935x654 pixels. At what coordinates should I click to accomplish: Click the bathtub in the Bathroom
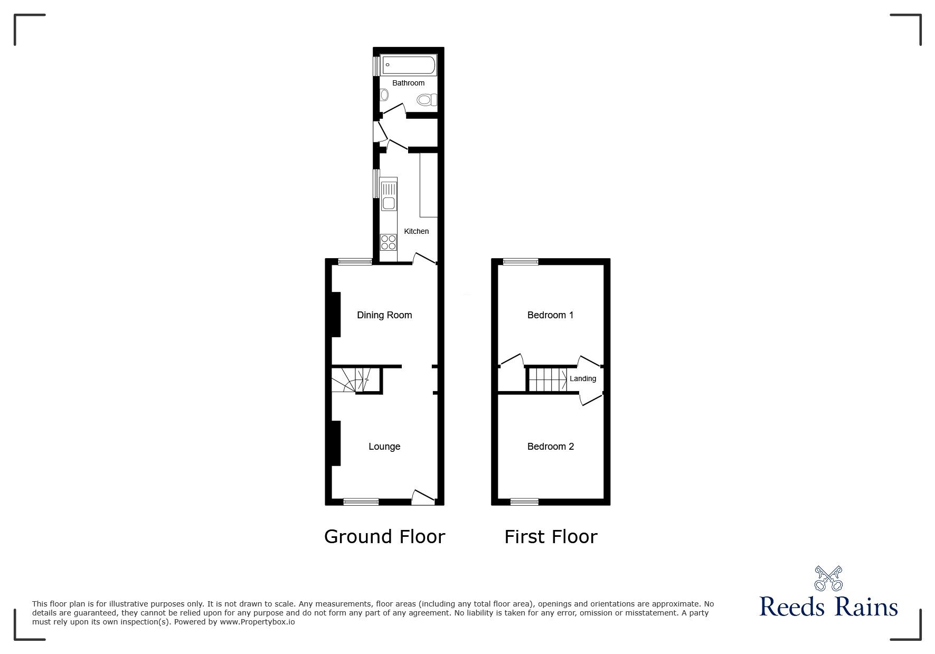point(408,65)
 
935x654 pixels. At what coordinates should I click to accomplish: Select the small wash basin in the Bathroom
point(384,95)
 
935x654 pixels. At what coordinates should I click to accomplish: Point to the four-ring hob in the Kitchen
point(389,242)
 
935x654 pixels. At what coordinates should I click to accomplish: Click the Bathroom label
point(408,83)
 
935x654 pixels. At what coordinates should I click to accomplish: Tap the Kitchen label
point(416,231)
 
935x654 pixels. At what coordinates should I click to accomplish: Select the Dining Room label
point(384,315)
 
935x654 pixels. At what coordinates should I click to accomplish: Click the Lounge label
point(384,447)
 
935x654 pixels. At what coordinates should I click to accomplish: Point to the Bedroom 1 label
point(550,315)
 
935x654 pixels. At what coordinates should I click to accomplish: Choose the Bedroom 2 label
point(550,447)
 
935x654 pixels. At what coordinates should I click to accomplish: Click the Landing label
point(582,378)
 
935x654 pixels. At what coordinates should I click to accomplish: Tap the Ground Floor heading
point(384,536)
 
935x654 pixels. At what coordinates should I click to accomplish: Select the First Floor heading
point(551,537)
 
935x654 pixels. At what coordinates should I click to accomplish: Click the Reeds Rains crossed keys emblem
point(828,579)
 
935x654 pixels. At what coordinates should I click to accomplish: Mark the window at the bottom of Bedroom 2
point(524,501)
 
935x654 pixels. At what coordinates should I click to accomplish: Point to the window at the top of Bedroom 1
point(520,261)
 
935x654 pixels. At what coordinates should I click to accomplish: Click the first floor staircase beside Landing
point(547,380)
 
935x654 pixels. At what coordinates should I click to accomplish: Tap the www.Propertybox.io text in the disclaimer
point(258,622)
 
